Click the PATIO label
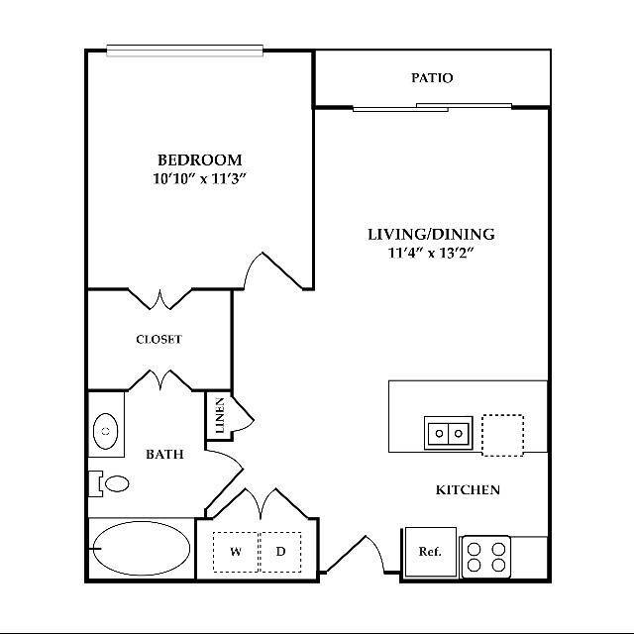(432, 78)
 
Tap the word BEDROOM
(199, 159)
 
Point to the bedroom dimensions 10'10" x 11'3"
(199, 179)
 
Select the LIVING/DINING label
(431, 235)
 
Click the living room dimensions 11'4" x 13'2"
(431, 254)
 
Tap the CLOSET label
(158, 340)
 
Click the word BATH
(164, 455)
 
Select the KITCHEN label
(468, 490)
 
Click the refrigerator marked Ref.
(429, 552)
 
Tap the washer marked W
(236, 552)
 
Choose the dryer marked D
(280, 552)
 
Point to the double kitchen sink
(447, 433)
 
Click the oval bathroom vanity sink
(105, 432)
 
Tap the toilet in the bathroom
(111, 483)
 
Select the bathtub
(140, 547)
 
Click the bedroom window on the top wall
(185, 51)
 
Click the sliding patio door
(433, 107)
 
